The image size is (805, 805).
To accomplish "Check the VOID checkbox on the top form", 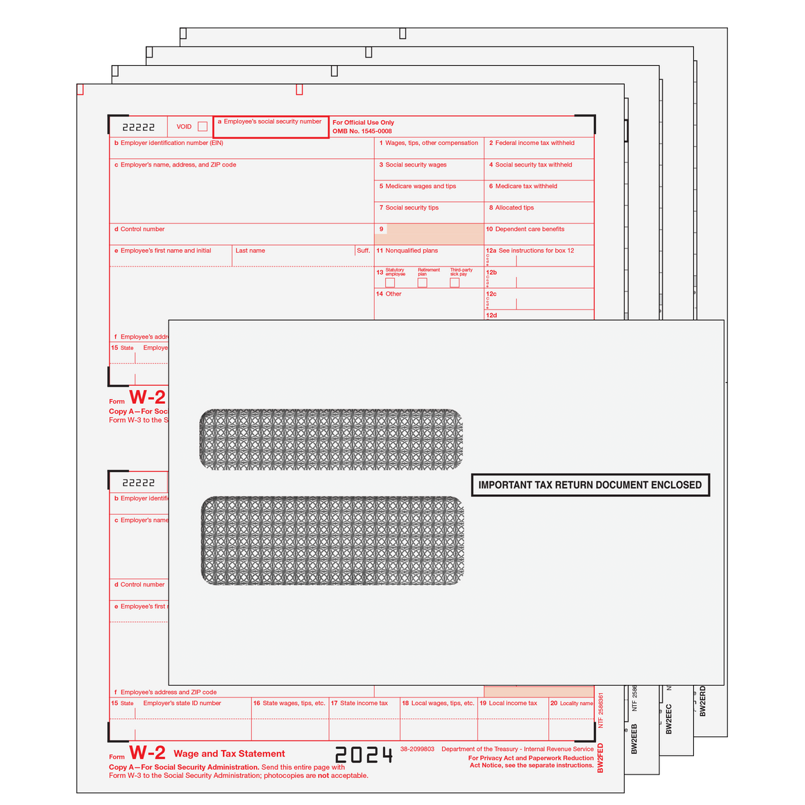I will coord(203,126).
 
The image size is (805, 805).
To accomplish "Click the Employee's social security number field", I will coord(271,127).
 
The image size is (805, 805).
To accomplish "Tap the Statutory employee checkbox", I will coord(390,282).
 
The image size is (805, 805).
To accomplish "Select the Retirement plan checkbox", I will coord(422,282).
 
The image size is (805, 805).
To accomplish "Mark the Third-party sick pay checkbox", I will coord(455,282).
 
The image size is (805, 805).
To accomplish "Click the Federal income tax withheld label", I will coord(534,143).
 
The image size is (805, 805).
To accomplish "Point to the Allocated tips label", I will coord(514,207).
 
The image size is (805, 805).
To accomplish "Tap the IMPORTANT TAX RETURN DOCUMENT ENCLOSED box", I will coord(590,485).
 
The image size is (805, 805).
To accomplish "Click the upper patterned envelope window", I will coord(331,439).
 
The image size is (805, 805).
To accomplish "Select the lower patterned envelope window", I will coord(332,541).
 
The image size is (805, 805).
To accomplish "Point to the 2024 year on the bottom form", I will coord(364,755).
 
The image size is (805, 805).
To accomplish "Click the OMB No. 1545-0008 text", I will coord(362,131).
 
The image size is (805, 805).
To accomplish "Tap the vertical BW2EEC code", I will coord(669,719).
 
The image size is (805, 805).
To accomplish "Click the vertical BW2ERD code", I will coord(702,701).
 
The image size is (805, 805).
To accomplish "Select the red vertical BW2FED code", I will coord(600,758).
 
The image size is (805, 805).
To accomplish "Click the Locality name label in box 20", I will coord(576,703).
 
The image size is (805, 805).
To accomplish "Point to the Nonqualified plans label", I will coord(411,251).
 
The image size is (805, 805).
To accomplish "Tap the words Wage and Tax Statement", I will coord(229,754).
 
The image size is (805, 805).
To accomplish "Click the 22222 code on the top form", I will coord(139,127).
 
